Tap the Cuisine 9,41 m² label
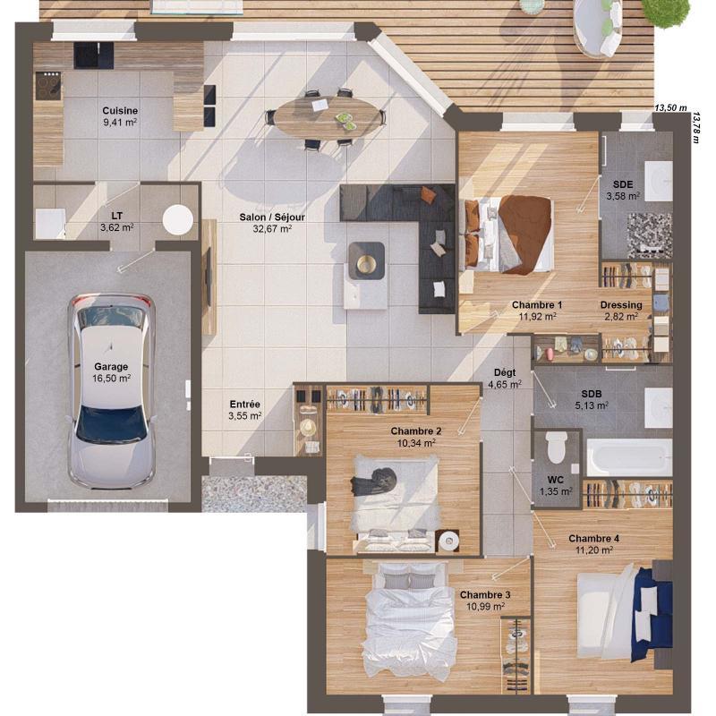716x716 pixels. click(x=120, y=115)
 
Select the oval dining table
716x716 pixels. click(x=327, y=115)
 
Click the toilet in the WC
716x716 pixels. click(x=557, y=447)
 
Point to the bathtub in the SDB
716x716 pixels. click(x=628, y=457)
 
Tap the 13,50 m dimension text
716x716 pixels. click(x=670, y=108)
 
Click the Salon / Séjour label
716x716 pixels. click(x=266, y=223)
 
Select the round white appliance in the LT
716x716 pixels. click(x=178, y=220)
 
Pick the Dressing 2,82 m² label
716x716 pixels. click(x=620, y=311)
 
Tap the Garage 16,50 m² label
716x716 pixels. click(x=112, y=372)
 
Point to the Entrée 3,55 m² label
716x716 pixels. click(x=244, y=410)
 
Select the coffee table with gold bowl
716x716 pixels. click(x=366, y=261)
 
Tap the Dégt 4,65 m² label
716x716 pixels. click(x=505, y=379)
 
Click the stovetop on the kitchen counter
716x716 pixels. click(x=47, y=86)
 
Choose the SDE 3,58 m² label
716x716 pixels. click(x=623, y=190)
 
